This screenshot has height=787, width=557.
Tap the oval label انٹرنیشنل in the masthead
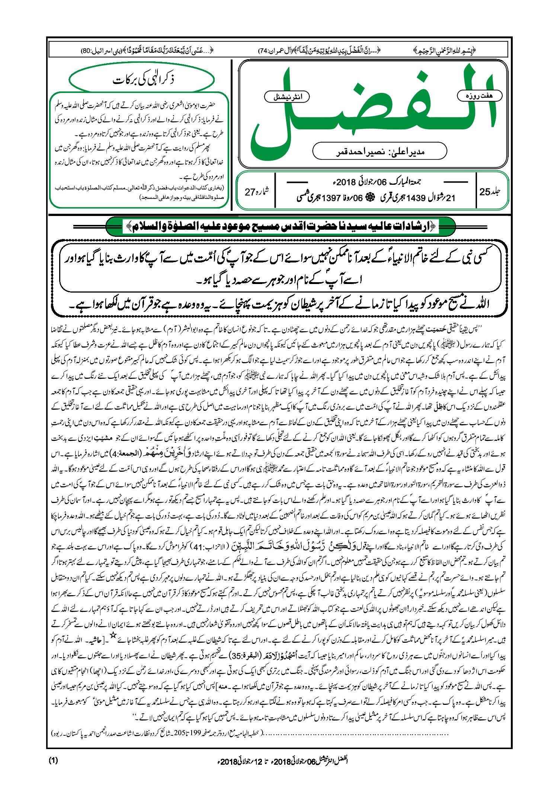coord(286,97)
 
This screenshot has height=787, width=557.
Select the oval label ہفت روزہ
coord(479,96)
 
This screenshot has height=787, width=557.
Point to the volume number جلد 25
coord(490,192)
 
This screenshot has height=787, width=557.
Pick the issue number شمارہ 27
coord(256,192)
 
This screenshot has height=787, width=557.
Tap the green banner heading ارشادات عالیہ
coord(280,226)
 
